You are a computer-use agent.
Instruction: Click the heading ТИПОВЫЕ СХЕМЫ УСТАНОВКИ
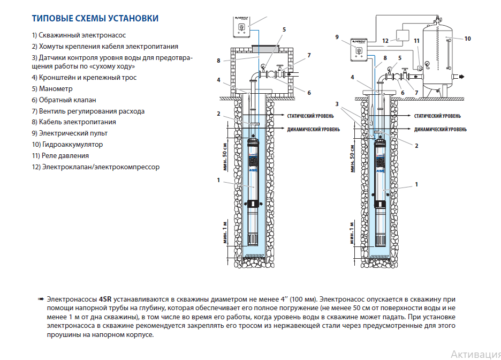point(95,19)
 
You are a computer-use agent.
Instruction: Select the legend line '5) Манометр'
point(57,89)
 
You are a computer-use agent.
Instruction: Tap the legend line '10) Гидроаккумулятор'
point(67,145)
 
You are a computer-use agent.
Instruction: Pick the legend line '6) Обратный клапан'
point(64,100)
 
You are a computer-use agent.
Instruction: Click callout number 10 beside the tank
point(467,39)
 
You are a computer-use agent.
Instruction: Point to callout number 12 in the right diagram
point(385,40)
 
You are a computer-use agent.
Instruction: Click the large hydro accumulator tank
point(440,56)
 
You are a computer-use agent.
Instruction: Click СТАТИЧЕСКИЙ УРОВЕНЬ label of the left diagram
point(310,116)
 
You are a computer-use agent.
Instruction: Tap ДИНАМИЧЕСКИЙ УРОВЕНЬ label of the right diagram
point(441,129)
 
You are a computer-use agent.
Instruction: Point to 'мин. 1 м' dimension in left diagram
point(225,231)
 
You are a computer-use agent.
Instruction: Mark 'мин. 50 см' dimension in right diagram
point(352,157)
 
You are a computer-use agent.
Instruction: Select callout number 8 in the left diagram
point(218,61)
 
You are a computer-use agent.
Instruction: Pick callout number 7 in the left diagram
point(309,55)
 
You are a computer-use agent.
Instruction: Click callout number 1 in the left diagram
point(218,180)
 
